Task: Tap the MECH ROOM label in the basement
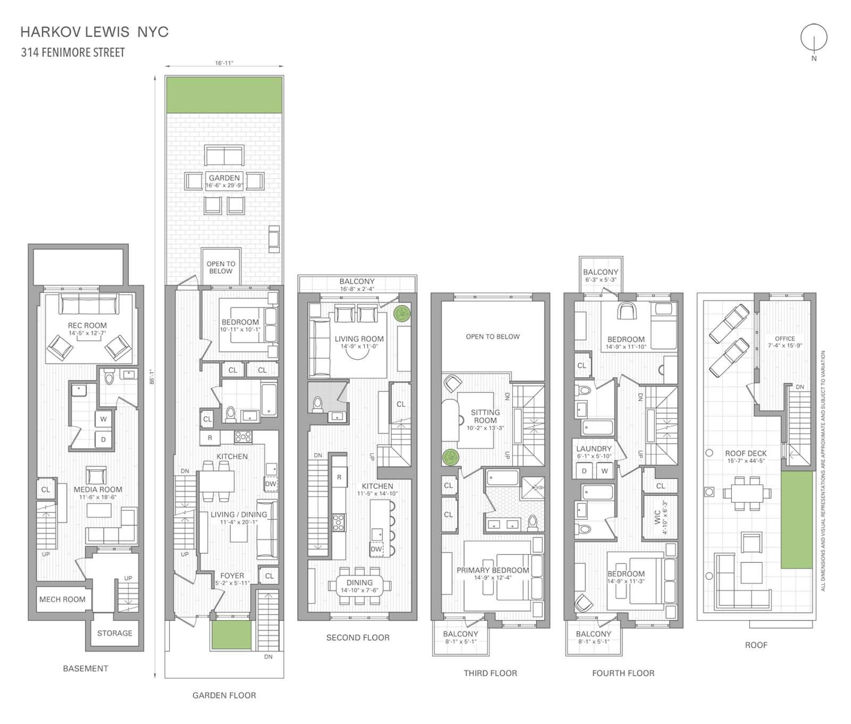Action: (62, 599)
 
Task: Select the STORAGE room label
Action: (114, 633)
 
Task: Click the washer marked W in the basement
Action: (103, 419)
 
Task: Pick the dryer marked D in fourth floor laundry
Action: (584, 471)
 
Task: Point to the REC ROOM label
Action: (87, 326)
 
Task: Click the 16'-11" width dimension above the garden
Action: (224, 63)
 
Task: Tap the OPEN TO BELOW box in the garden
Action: (221, 267)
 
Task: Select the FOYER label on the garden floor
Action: (232, 576)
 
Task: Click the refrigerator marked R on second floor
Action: (339, 477)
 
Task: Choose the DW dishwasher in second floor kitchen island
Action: (376, 549)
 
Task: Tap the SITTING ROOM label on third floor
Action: (485, 416)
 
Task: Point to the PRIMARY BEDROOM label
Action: (493, 570)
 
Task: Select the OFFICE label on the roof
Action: (785, 338)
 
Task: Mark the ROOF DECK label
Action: (746, 454)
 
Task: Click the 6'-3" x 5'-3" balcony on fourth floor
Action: (600, 275)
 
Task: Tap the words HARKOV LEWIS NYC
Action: (94, 32)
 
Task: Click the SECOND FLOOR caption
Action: (357, 637)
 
